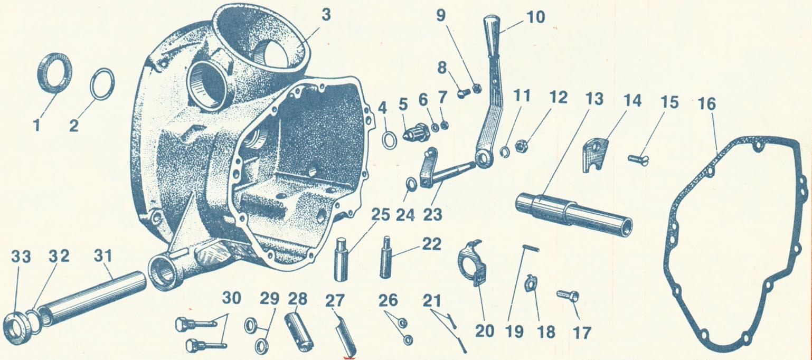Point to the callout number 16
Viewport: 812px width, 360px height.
(x=707, y=105)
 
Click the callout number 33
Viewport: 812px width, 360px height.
(x=21, y=257)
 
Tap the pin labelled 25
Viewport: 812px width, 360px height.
(x=341, y=259)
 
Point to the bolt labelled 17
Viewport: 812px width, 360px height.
(x=568, y=296)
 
